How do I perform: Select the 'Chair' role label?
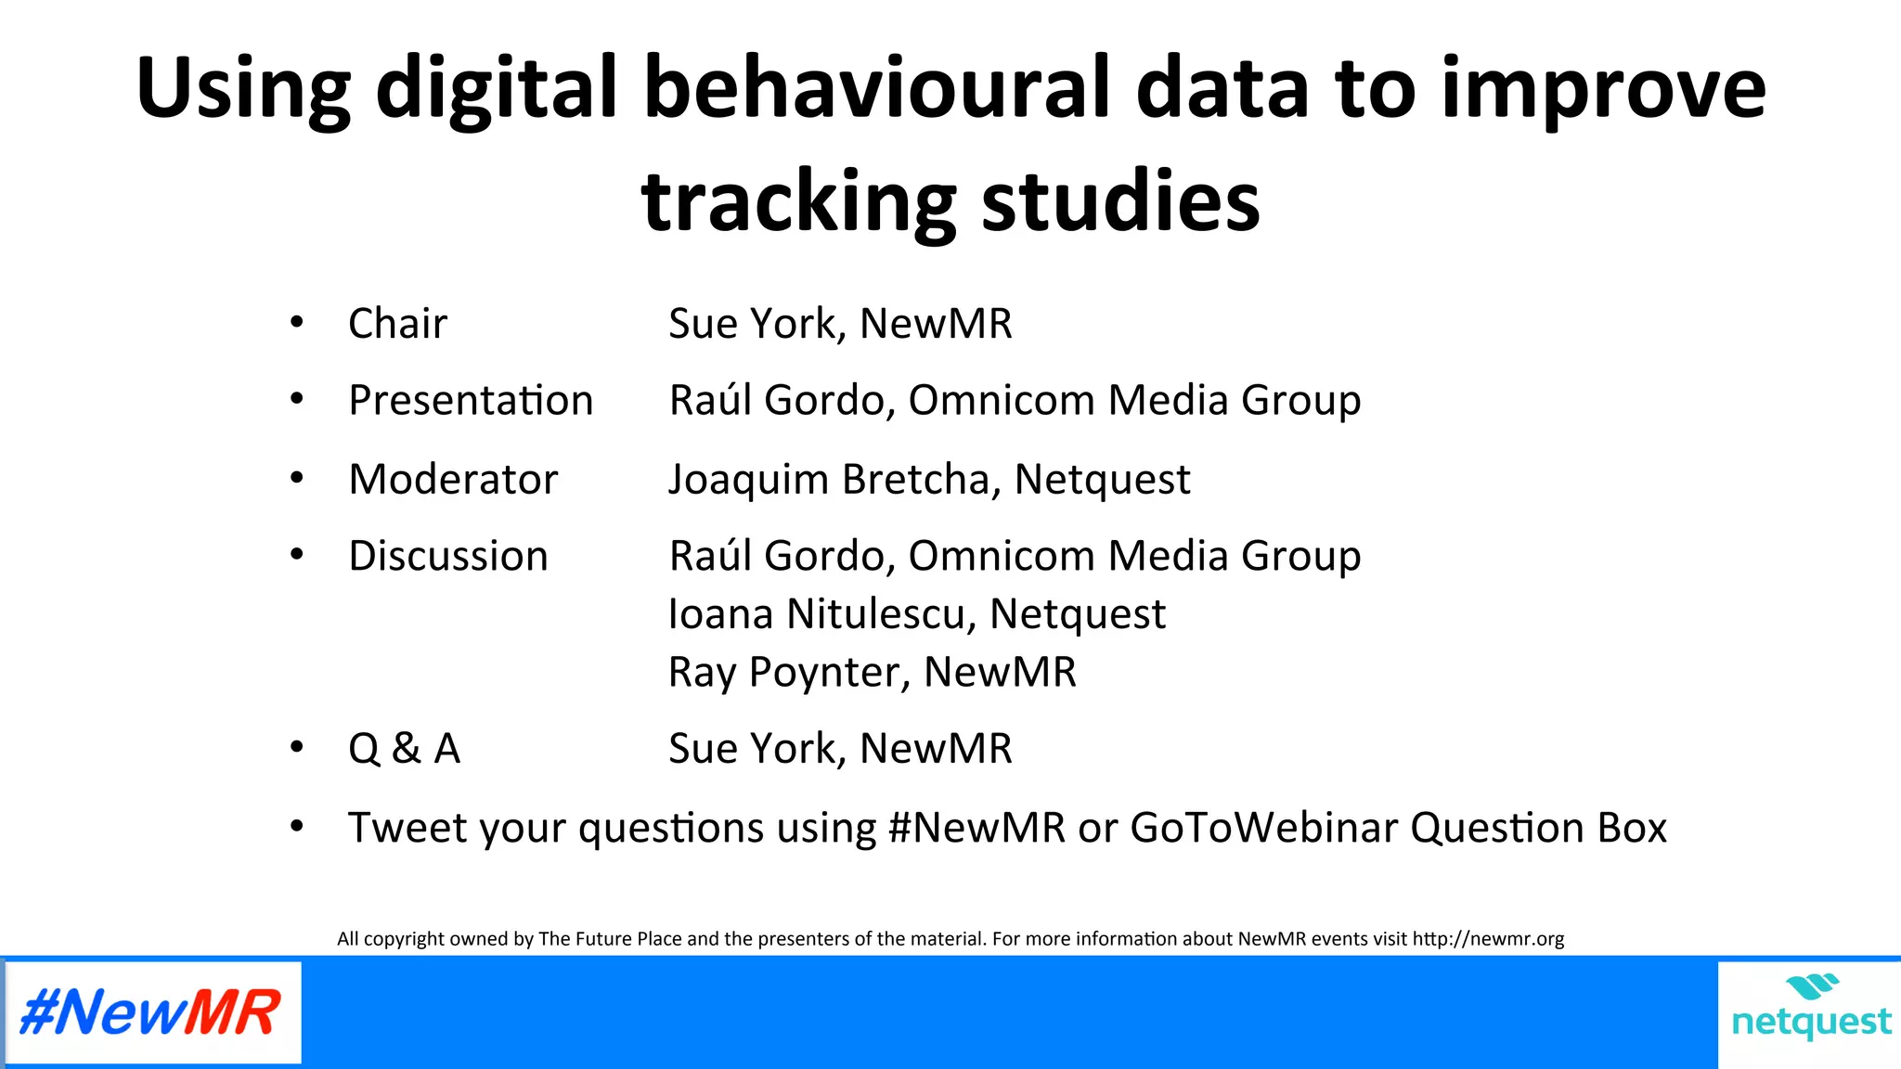coord(397,324)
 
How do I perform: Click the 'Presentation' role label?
coord(471,401)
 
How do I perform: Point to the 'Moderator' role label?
coord(453,480)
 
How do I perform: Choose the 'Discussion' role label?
coord(448,556)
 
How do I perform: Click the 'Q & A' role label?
coord(404,748)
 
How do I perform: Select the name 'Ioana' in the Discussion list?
coord(720,614)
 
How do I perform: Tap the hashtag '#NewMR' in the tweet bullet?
coord(976,828)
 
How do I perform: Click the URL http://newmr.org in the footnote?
coord(1488,939)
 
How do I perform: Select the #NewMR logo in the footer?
coord(151,1012)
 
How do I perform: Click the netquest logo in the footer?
coord(1810,1011)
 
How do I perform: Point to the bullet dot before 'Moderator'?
coord(297,479)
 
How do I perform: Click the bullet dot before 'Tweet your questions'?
coord(297,826)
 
